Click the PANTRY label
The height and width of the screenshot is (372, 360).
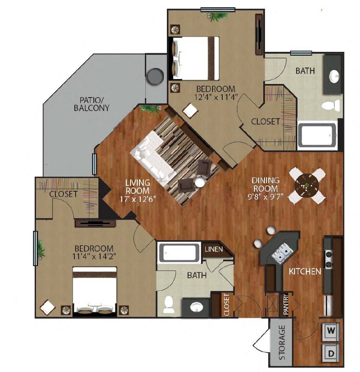(286, 304)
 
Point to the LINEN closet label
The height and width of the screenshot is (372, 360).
(214, 249)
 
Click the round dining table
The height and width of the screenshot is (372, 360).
(307, 185)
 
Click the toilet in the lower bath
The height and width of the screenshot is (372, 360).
(169, 304)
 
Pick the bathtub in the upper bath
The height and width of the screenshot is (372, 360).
(317, 135)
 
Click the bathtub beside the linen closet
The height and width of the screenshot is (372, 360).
(179, 253)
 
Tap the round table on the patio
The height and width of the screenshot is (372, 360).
(155, 76)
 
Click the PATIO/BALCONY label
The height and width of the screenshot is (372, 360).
(91, 104)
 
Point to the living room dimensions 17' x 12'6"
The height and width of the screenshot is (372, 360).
(138, 199)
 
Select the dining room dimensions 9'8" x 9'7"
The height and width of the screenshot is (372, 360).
(265, 197)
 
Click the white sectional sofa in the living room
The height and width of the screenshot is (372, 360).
(153, 158)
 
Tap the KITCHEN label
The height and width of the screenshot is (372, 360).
(305, 272)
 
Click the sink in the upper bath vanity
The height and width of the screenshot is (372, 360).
(334, 76)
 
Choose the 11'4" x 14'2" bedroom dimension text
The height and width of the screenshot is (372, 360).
(94, 256)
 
